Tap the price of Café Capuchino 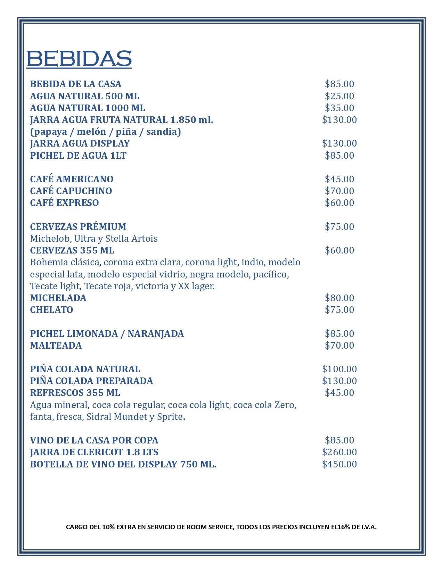tap(339, 191)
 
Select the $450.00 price tap(339, 464)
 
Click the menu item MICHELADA tap(58, 298)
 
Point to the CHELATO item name tap(51, 310)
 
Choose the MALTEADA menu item tap(56, 346)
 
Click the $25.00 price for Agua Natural tap(339, 96)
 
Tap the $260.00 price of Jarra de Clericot tap(339, 452)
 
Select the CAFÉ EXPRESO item tap(64, 203)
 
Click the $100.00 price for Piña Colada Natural tap(339, 369)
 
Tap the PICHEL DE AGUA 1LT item tap(78, 155)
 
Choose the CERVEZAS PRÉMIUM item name tap(78, 226)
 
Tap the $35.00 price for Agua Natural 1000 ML tap(339, 108)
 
